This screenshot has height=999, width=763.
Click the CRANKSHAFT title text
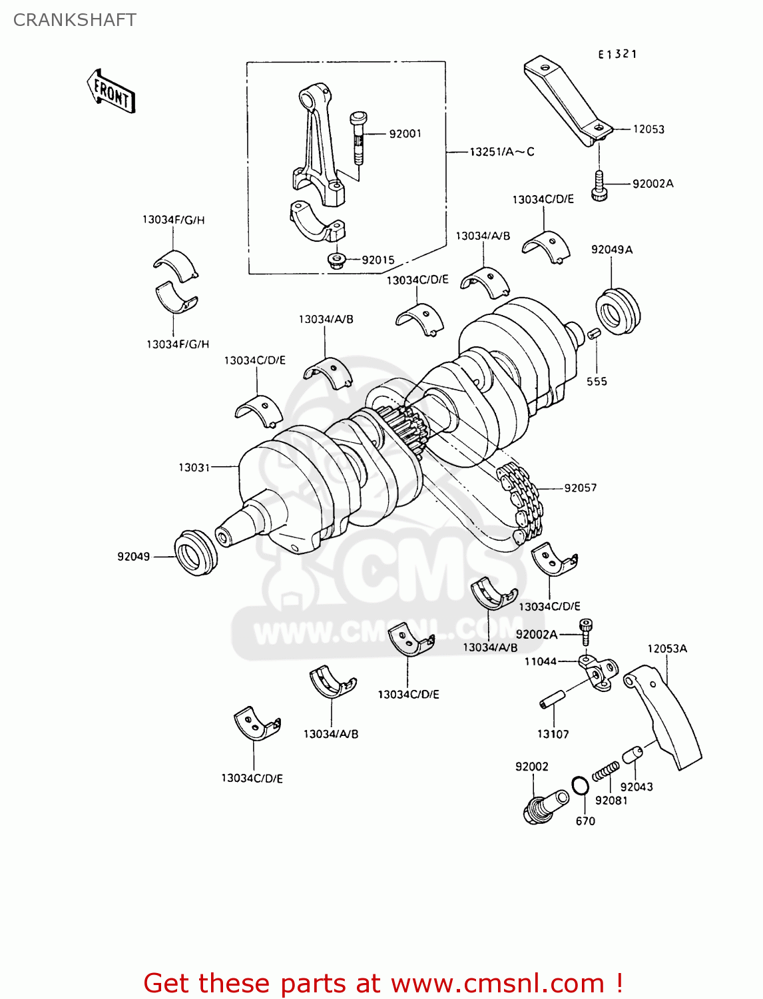point(75,20)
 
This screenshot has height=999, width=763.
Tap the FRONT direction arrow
point(111,91)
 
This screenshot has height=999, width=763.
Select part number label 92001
point(405,134)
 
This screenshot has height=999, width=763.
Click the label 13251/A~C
point(501,152)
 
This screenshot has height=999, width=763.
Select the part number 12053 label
point(648,129)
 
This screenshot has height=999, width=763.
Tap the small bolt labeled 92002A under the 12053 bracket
point(599,186)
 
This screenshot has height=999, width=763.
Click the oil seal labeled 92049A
point(617,310)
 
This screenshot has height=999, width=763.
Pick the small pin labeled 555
point(594,333)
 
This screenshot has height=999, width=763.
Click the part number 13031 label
point(194,468)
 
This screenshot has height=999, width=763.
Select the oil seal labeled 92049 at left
point(195,553)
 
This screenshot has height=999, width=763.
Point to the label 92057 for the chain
point(580,488)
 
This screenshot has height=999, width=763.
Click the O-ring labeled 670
point(580,786)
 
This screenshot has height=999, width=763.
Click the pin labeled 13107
point(552,700)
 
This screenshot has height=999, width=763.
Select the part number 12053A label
point(666,649)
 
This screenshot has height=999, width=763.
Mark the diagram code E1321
point(617,55)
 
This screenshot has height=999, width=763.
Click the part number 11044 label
point(540,661)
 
